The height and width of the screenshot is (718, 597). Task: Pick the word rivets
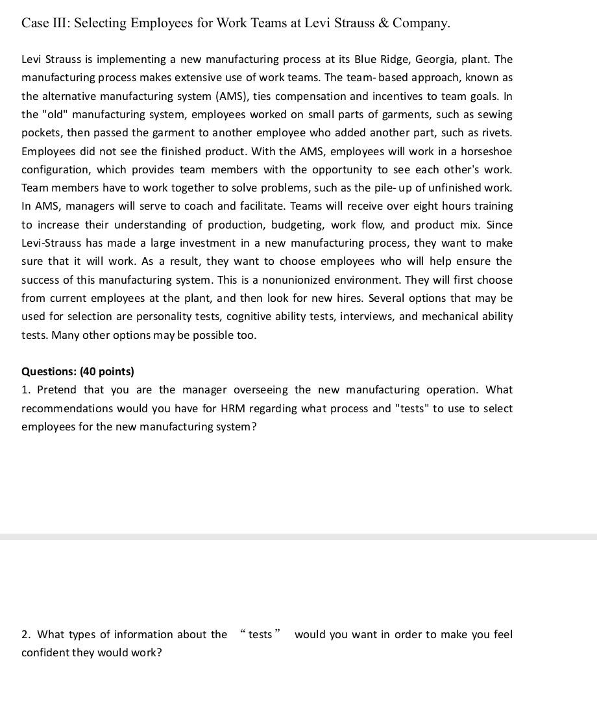[x=494, y=133]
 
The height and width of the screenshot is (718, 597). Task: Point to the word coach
[x=199, y=206]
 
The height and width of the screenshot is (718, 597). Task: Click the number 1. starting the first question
[x=26, y=390]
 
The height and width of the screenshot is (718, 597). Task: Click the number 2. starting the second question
[x=26, y=635]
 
